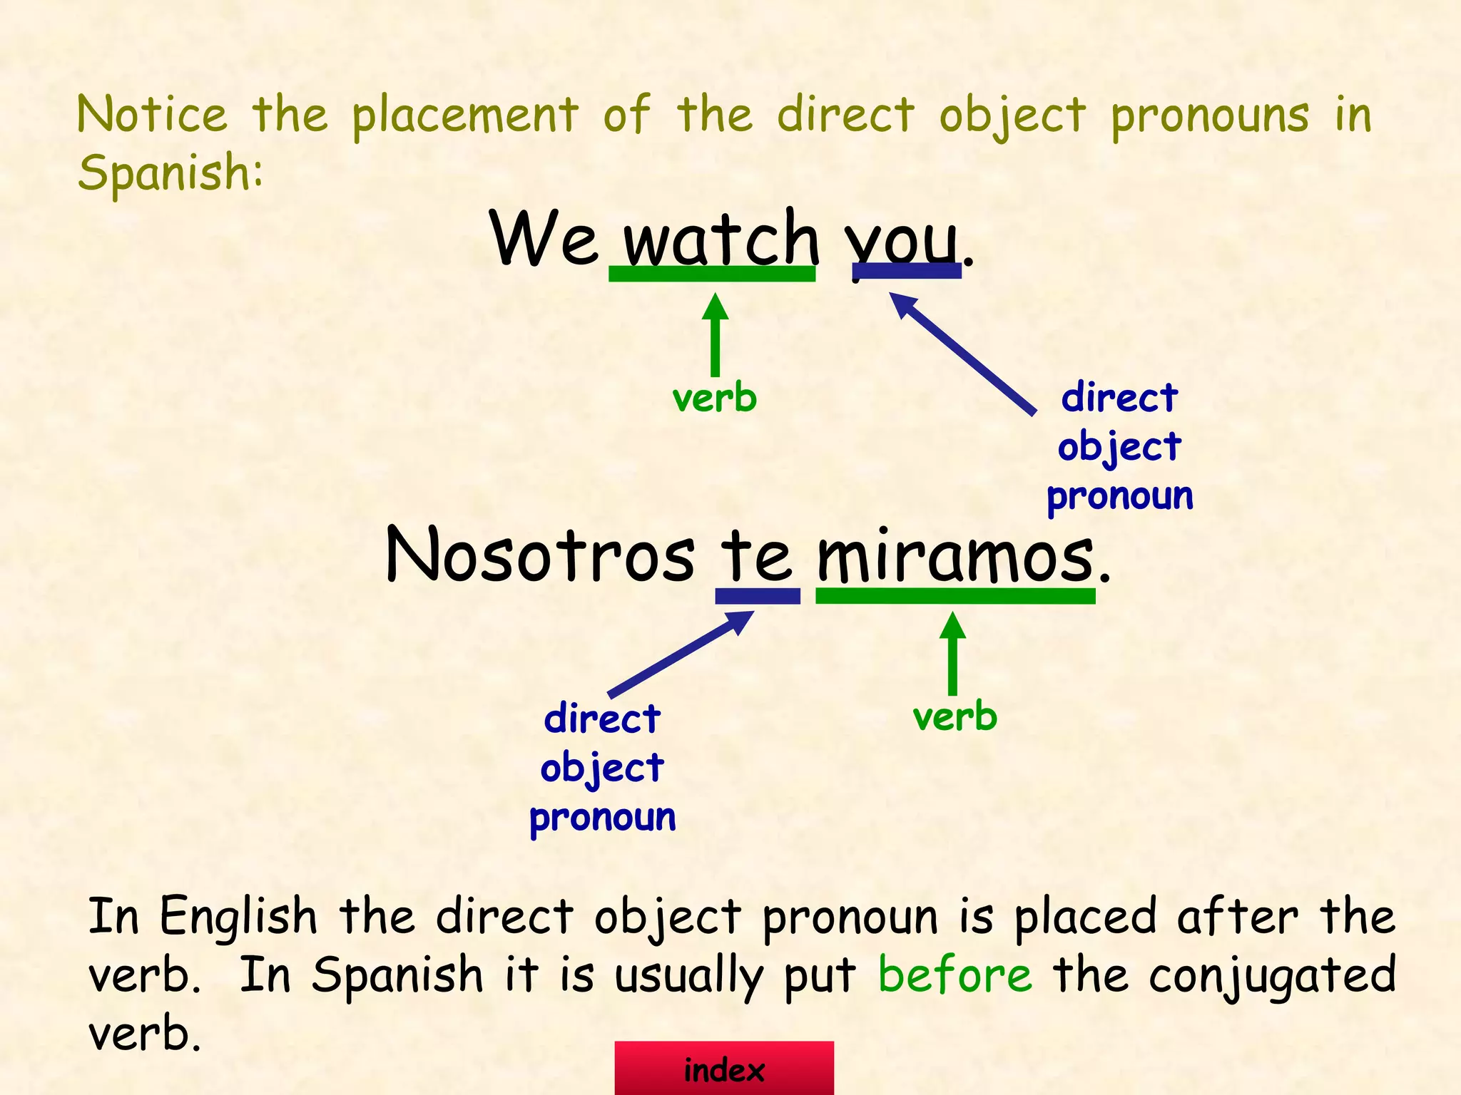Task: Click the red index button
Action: [724, 1069]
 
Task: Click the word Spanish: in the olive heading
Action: [170, 173]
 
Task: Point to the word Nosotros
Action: [539, 556]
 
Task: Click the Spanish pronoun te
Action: [756, 556]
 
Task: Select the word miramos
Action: [955, 556]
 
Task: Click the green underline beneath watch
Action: [711, 274]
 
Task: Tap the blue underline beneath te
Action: [758, 596]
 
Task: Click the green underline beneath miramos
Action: [955, 596]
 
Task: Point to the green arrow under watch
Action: [715, 335]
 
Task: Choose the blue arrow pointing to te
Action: [681, 654]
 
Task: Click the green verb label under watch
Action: [715, 398]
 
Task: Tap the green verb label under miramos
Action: [955, 716]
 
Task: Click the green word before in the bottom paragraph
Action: [955, 975]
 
